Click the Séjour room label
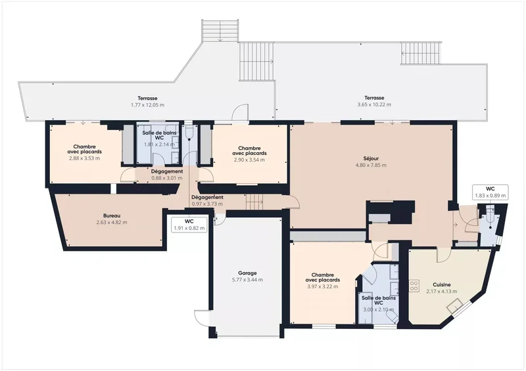click(x=371, y=158)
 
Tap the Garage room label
click(x=248, y=273)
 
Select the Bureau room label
click(x=112, y=216)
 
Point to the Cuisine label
click(x=441, y=285)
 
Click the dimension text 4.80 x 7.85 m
click(x=371, y=165)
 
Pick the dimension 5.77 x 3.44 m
click(x=248, y=280)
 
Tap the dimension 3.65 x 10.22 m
click(x=374, y=104)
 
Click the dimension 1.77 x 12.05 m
click(x=147, y=105)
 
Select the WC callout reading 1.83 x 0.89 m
click(x=490, y=192)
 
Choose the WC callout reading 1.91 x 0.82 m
click(x=189, y=225)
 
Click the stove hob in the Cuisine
click(x=414, y=286)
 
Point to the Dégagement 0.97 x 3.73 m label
click(x=207, y=200)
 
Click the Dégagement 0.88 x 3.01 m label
click(x=167, y=175)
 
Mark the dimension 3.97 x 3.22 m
click(x=323, y=286)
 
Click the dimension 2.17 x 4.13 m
click(x=441, y=292)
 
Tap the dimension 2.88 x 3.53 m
click(x=85, y=158)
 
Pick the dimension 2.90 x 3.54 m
click(x=249, y=160)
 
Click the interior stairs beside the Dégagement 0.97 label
click(x=254, y=202)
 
